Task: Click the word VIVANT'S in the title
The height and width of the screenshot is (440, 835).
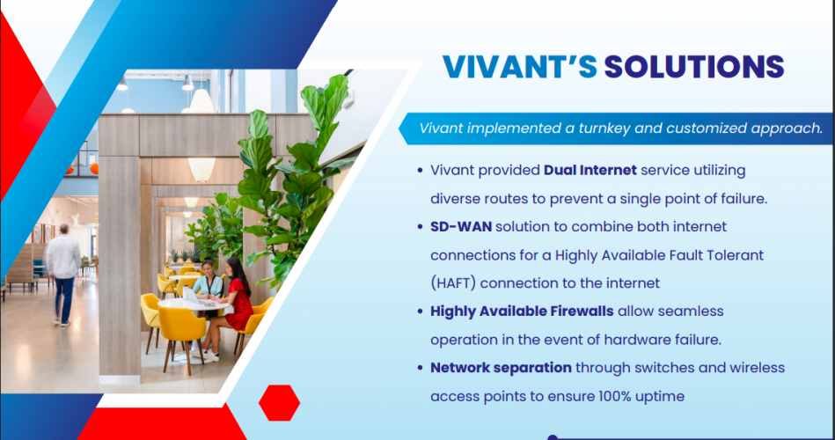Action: coord(520,67)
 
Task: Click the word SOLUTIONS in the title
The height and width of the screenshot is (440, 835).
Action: coord(694,67)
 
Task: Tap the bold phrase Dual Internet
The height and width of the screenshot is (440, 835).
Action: coord(590,170)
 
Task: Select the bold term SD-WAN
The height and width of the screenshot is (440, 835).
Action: coord(461,227)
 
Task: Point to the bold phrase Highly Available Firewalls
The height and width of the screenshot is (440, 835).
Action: coord(522,312)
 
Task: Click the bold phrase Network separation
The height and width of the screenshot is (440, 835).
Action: coord(502,368)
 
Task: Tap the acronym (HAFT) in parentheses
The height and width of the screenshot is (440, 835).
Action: coord(452,283)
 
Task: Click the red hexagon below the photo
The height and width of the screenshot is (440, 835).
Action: coord(280,403)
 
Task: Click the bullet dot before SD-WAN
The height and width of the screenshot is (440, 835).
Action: coord(421,227)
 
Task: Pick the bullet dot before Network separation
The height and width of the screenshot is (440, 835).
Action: coord(421,368)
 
